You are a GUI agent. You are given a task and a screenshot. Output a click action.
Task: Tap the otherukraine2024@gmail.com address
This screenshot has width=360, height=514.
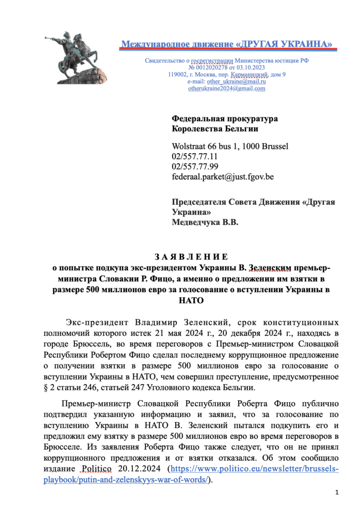tap(226, 88)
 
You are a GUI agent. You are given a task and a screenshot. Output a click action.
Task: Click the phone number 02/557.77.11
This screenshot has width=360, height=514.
tap(195, 157)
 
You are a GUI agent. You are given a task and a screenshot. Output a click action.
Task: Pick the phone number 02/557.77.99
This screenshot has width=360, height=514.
tap(195, 167)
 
